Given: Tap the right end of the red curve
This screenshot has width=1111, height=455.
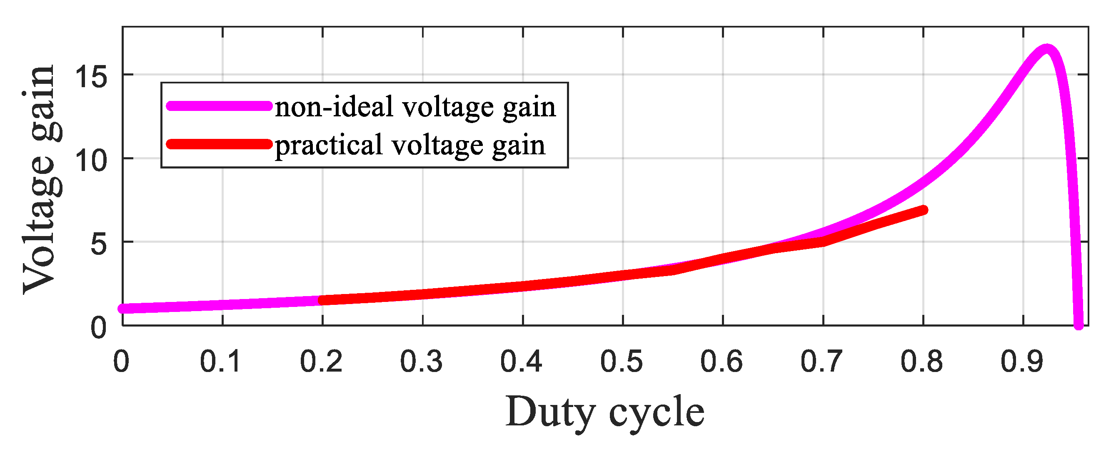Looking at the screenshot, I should tap(923, 210).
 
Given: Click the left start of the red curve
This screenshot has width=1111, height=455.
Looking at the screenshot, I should tap(322, 300).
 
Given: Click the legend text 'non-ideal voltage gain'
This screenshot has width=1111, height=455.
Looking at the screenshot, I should tap(415, 107).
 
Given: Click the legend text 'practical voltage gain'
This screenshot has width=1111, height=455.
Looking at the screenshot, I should tap(410, 145).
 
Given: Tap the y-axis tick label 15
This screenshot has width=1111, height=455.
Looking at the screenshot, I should tap(91, 78).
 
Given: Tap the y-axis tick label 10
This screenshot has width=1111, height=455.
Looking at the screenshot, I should tap(91, 161).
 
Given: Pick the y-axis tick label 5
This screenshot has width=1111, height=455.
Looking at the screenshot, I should tap(98, 245).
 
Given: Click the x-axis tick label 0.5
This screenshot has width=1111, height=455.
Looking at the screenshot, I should tap(622, 361).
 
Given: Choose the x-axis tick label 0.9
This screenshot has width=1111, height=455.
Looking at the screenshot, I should tap(1022, 361).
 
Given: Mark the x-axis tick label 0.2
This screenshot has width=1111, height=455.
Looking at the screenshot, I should tap(321, 361).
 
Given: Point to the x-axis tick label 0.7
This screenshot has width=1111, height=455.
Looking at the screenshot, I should tap(821, 361).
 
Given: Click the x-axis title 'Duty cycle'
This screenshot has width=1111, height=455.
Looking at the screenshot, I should tap(605, 412).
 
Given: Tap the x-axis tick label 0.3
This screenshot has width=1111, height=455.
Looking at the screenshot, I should tap(422, 361).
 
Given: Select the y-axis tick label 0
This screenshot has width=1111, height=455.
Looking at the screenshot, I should tap(98, 328).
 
